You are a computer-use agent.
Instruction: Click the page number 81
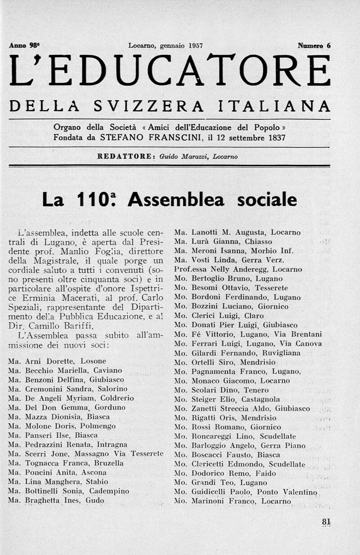pos(326,522)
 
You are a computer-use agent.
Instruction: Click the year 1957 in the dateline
pos(195,45)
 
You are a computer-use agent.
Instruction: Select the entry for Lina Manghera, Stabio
pos(61,481)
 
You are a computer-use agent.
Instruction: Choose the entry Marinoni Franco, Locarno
pos(233,501)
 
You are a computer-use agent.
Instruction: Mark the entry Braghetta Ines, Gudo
pos(56,501)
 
